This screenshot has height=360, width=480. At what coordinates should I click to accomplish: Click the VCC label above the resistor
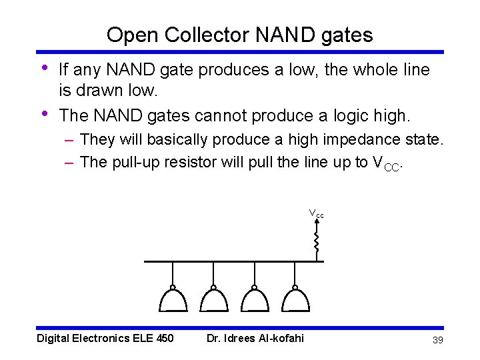[x=316, y=214]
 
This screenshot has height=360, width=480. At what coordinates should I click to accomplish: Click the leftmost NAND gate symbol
[x=173, y=300]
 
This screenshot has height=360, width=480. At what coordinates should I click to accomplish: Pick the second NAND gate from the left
[x=213, y=300]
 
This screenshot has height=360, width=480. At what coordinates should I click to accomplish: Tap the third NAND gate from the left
[x=254, y=300]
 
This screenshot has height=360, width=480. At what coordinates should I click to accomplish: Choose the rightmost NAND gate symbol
[x=295, y=300]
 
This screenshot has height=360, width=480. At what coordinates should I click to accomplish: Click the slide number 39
[x=438, y=340]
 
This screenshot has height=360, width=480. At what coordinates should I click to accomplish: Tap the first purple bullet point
[x=43, y=67]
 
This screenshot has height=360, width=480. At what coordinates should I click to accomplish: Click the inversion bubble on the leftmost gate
[x=173, y=288]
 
